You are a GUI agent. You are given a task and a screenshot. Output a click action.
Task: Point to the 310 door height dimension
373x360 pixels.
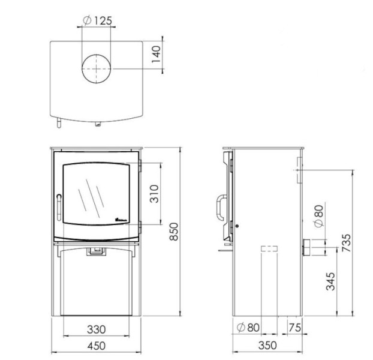pyautogui.click(x=155, y=193)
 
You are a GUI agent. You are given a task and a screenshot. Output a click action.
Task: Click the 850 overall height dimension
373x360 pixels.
pyautogui.click(x=173, y=230)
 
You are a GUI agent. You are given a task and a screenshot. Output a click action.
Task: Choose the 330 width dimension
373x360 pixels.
pyautogui.click(x=96, y=329)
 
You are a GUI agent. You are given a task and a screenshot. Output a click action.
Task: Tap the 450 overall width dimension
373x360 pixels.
pyautogui.click(x=96, y=346)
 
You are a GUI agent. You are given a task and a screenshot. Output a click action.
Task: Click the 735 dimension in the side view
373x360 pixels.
pyautogui.click(x=346, y=243)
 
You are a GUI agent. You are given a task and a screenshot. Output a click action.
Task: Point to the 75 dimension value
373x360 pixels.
pyautogui.click(x=294, y=328)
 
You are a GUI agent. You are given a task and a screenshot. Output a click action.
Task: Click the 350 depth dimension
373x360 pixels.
pyautogui.click(x=268, y=346)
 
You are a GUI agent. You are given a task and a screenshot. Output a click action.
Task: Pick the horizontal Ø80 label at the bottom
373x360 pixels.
pyautogui.click(x=248, y=328)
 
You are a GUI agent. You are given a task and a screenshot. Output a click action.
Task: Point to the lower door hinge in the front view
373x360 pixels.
pyautogui.click(x=139, y=224)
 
